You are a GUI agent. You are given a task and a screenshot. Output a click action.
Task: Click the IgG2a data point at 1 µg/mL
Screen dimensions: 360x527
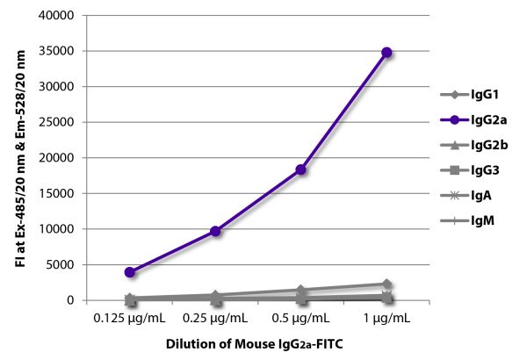(386, 53)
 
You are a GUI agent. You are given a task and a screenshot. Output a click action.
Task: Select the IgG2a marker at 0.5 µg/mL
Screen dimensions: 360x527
(301, 169)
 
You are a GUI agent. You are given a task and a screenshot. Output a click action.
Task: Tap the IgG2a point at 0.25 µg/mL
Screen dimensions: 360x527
(215, 231)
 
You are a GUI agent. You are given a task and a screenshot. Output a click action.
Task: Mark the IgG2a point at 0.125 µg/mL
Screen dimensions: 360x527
(130, 272)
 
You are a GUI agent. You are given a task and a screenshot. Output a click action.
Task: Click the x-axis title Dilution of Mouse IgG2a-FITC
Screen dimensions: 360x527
(257, 346)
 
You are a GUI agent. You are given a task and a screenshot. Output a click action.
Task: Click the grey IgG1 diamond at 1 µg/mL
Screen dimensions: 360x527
(386, 284)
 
